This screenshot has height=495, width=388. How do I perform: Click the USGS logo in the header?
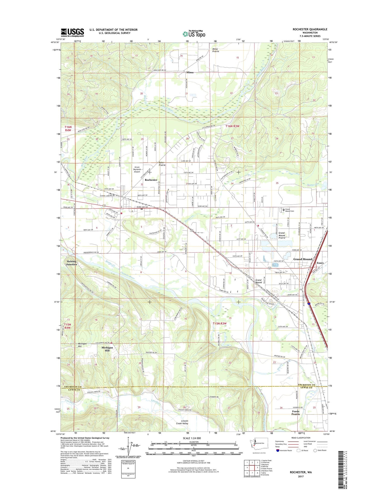point(72,32)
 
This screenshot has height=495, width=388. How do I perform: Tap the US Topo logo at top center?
point(194,34)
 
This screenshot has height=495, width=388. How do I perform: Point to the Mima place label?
point(190,72)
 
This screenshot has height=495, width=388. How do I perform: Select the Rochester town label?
point(151,180)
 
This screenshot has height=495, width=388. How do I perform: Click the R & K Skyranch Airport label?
point(137,170)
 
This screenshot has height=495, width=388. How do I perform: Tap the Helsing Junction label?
point(71,263)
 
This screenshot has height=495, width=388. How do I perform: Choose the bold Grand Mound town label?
point(303,259)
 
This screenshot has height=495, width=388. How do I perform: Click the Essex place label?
point(320,263)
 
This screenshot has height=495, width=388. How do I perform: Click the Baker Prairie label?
point(162,164)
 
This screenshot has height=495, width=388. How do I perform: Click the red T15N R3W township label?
point(220,324)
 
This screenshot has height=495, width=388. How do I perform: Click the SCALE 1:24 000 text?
point(194,438)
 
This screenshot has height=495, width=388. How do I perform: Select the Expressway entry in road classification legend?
point(280,441)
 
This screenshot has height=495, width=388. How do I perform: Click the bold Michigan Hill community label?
point(107,349)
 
